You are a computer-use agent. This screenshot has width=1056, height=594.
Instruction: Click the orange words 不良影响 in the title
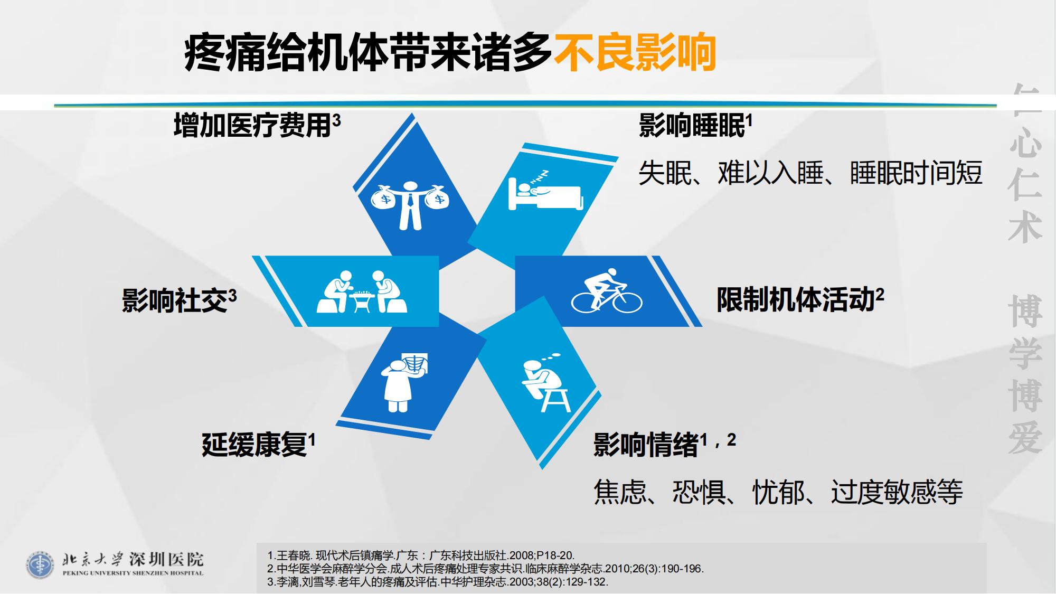[x=635, y=53]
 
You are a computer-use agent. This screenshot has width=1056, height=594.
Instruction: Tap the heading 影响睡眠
[x=692, y=126]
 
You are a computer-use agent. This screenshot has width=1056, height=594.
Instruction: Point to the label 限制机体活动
[x=796, y=299]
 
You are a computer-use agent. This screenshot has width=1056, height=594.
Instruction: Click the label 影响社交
[x=175, y=300]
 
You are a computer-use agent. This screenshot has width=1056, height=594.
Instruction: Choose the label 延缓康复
[x=254, y=445]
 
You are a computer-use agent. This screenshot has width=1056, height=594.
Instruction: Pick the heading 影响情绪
[x=646, y=445]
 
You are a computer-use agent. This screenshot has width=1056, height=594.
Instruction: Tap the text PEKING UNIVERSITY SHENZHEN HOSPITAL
[x=133, y=573]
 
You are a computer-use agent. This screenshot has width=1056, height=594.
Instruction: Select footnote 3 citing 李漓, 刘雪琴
[x=438, y=582]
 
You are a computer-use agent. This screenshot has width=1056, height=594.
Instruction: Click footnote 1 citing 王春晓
[x=421, y=555]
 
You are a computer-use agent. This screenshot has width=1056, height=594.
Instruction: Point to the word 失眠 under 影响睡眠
[x=665, y=173]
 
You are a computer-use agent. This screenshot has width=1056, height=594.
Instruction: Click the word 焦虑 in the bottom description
[x=620, y=492]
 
